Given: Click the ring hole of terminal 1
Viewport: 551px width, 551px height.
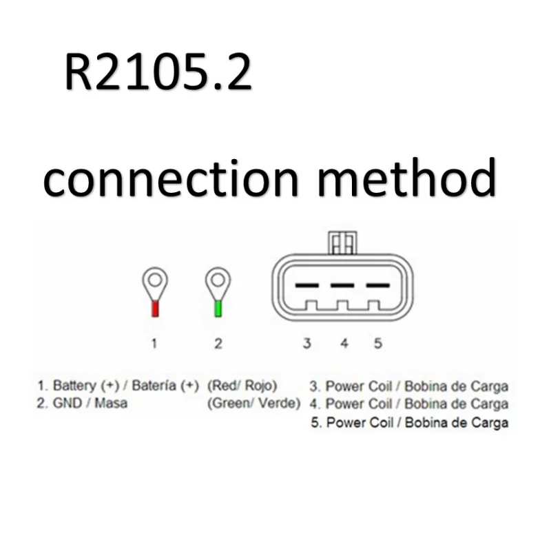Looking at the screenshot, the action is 156,280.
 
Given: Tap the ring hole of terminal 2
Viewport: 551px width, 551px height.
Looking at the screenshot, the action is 218,280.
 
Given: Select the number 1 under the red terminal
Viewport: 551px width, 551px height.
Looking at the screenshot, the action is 155,343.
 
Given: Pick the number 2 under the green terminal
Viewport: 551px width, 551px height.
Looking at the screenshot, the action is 218,343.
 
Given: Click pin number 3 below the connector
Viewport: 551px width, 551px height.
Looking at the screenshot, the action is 307,343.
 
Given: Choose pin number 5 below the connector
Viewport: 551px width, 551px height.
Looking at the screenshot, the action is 377,343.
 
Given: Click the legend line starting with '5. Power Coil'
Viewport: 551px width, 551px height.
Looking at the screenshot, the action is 409,422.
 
